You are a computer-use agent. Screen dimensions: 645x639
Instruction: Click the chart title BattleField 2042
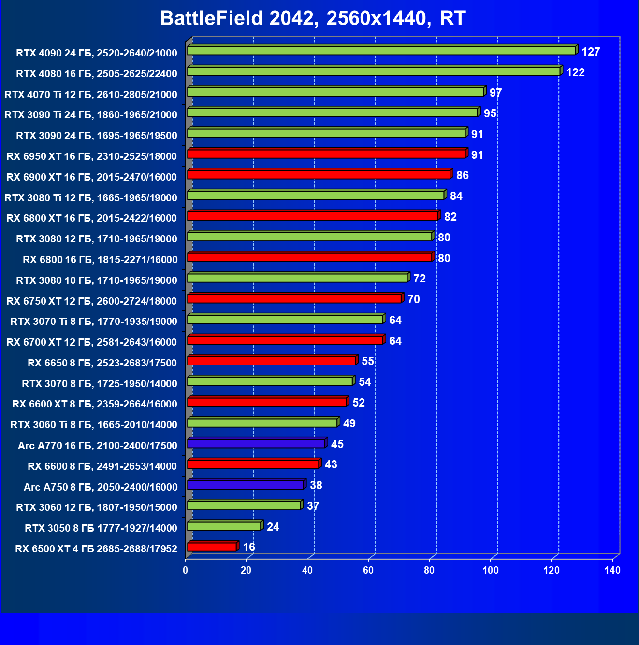tap(312, 18)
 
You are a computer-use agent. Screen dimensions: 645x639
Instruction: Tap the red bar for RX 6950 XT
tap(326, 154)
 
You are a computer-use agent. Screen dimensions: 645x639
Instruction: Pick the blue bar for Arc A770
tap(256, 443)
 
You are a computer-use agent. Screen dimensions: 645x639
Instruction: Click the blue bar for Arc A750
tap(245, 485)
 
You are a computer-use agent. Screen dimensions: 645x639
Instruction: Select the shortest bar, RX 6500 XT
tap(211, 547)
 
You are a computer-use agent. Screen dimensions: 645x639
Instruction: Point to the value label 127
tap(591, 52)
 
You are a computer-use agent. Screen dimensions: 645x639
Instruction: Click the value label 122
tap(575, 72)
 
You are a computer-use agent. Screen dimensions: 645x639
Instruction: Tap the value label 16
tap(249, 547)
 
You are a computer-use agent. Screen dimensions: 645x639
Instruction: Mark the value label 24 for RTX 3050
tap(273, 527)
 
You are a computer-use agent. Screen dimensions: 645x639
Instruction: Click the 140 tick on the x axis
tap(612, 570)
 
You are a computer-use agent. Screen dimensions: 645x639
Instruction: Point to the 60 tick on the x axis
tap(368, 570)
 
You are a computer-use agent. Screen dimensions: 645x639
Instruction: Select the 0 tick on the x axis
tap(186, 570)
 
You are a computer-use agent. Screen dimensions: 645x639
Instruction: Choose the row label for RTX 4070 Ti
tap(91, 94)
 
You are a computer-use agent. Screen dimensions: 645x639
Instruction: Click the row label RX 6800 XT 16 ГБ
tap(92, 218)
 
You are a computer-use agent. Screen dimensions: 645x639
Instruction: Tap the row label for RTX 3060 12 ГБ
tap(97, 507)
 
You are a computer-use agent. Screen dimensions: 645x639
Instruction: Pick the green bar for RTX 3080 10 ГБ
tap(297, 278)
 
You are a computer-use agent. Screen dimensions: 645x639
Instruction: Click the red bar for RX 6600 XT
tap(266, 402)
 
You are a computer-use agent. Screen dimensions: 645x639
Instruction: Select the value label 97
tap(495, 93)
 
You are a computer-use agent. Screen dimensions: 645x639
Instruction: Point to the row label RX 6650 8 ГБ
tap(102, 363)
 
